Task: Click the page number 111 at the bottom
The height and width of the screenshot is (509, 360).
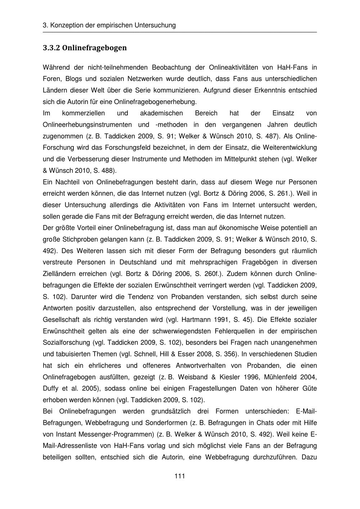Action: (180, 476)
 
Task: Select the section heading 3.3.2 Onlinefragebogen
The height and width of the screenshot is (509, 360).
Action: (85, 48)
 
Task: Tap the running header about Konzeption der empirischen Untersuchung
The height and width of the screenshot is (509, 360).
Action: (109, 25)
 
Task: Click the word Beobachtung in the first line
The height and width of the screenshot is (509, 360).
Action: (171, 67)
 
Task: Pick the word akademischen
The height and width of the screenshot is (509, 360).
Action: (161, 113)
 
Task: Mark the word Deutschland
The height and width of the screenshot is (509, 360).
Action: (139, 262)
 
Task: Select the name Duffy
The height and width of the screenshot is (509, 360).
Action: (51, 389)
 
